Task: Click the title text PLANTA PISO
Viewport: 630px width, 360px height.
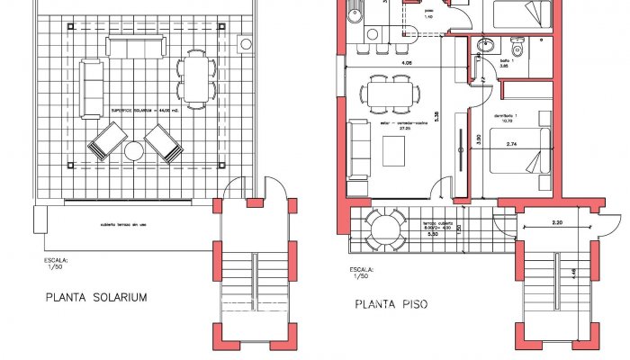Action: coord(391,305)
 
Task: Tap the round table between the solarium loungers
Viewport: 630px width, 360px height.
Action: coord(135,149)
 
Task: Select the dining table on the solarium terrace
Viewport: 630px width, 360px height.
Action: coord(195,78)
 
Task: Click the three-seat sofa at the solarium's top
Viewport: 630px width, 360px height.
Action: coord(136,48)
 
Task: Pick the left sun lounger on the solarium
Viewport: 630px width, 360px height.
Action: coord(107,141)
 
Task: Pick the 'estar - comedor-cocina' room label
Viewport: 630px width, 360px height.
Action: coord(390,124)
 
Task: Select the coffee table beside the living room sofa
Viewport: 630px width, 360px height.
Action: coord(394,149)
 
